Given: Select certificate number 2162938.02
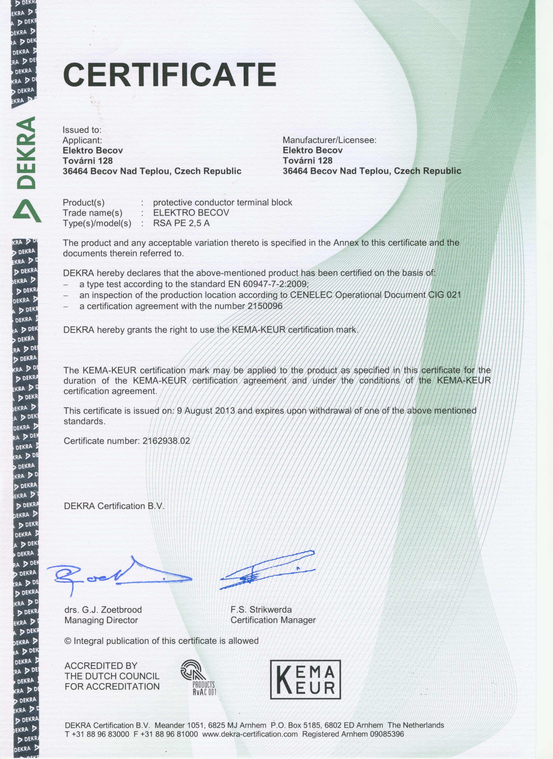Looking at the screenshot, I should (166, 441).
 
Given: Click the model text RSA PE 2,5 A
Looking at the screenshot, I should (181, 223).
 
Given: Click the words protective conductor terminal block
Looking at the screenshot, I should (223, 202).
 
